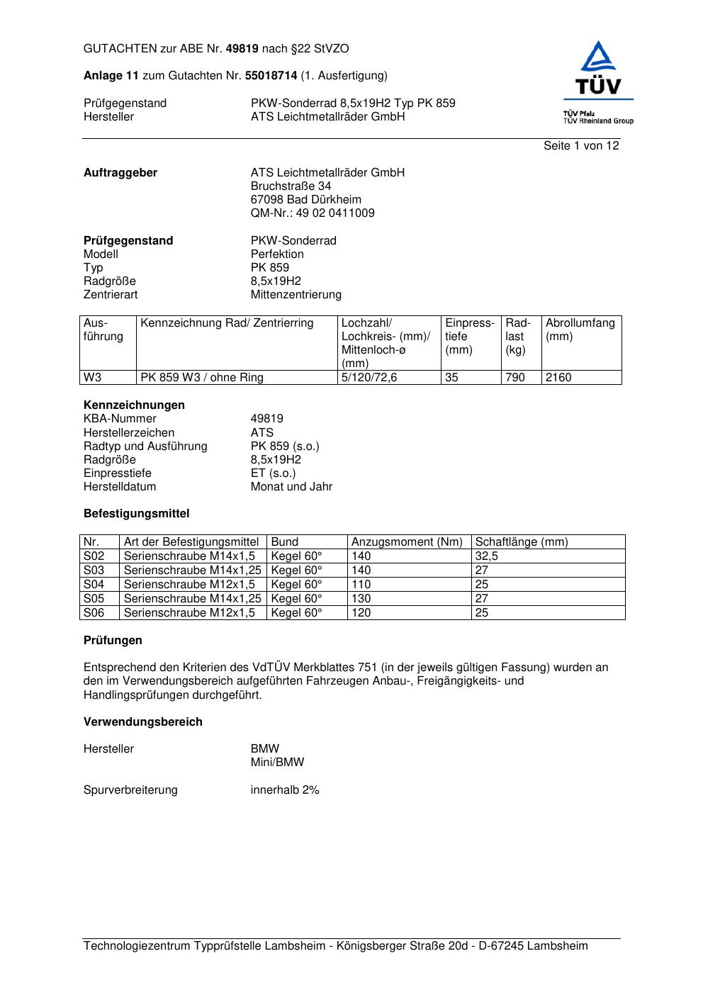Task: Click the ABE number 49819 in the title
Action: (x=242, y=49)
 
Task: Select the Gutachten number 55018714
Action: (x=271, y=75)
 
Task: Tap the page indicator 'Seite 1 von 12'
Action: (x=581, y=145)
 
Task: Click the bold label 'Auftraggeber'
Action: (x=120, y=173)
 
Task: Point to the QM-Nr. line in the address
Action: (x=313, y=213)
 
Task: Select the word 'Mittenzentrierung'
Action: (x=296, y=295)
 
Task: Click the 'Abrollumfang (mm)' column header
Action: (x=580, y=330)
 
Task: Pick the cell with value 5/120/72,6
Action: (x=369, y=378)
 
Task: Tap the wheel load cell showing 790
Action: (x=514, y=378)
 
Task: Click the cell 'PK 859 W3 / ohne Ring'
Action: (x=202, y=378)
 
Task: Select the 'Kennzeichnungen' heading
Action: (x=134, y=405)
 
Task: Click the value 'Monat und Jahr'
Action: (x=291, y=487)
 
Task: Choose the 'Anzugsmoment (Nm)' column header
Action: (x=407, y=542)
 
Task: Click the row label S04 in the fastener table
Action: (x=94, y=585)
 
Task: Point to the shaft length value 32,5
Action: (x=487, y=556)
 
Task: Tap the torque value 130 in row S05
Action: (x=361, y=599)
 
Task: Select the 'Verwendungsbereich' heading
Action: (x=143, y=722)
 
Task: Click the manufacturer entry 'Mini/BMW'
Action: (x=277, y=763)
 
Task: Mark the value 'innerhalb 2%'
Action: (x=285, y=790)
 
